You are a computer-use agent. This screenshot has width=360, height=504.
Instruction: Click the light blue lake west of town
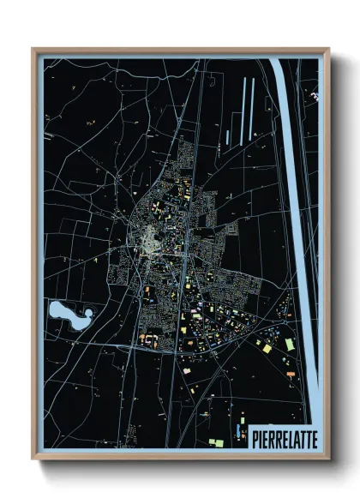tap(65, 314)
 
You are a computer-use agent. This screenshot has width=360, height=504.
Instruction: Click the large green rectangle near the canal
tap(289, 343)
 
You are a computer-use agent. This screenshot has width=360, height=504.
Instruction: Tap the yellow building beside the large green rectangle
tap(267, 349)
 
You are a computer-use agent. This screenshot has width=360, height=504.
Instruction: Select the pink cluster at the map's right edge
tap(314, 95)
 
